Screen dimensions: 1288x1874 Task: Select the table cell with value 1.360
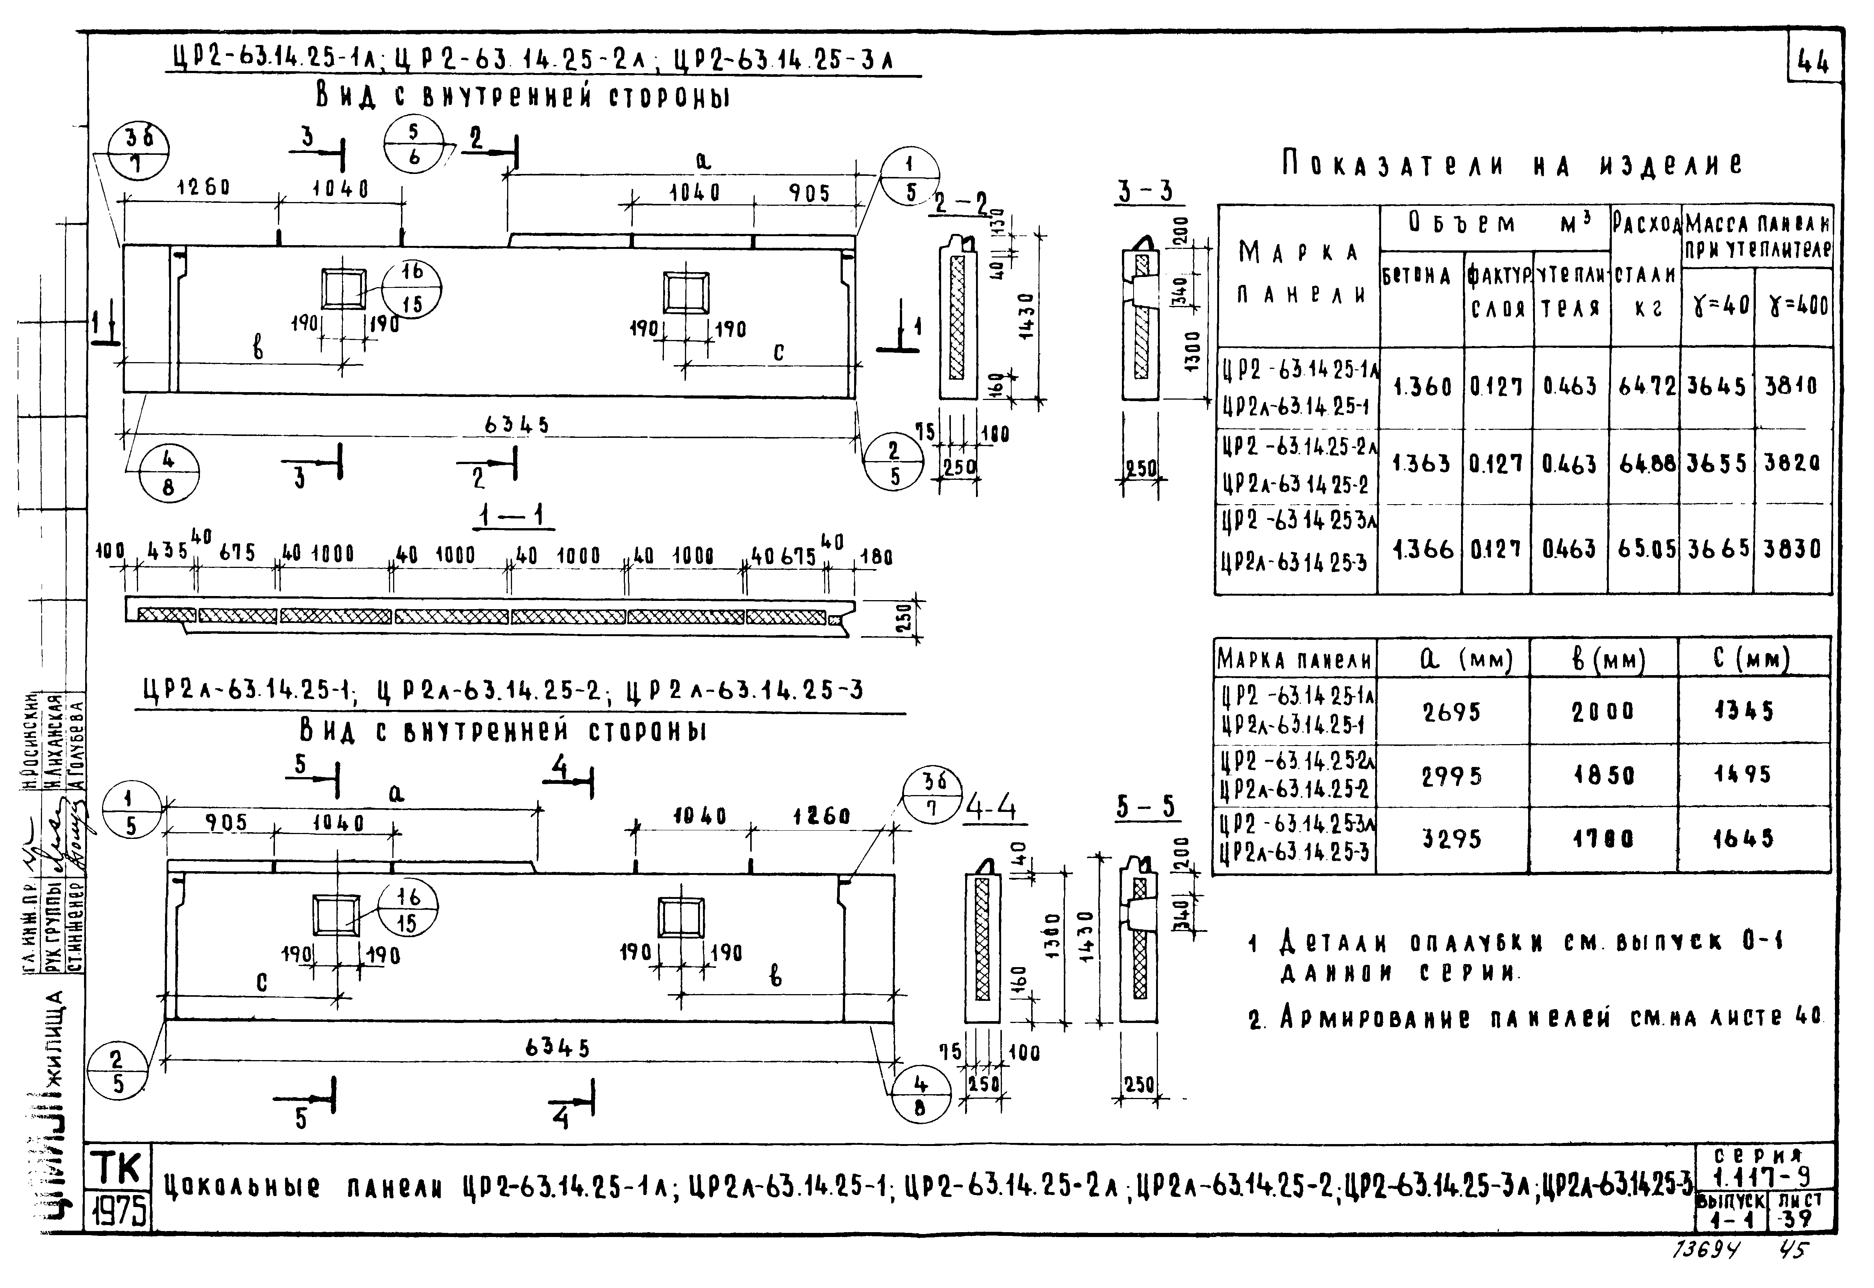click(x=1422, y=387)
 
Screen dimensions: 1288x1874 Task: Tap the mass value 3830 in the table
click(x=1793, y=550)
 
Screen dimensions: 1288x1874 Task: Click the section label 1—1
click(x=514, y=515)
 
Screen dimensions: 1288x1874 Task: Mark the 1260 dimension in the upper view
click(x=203, y=188)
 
